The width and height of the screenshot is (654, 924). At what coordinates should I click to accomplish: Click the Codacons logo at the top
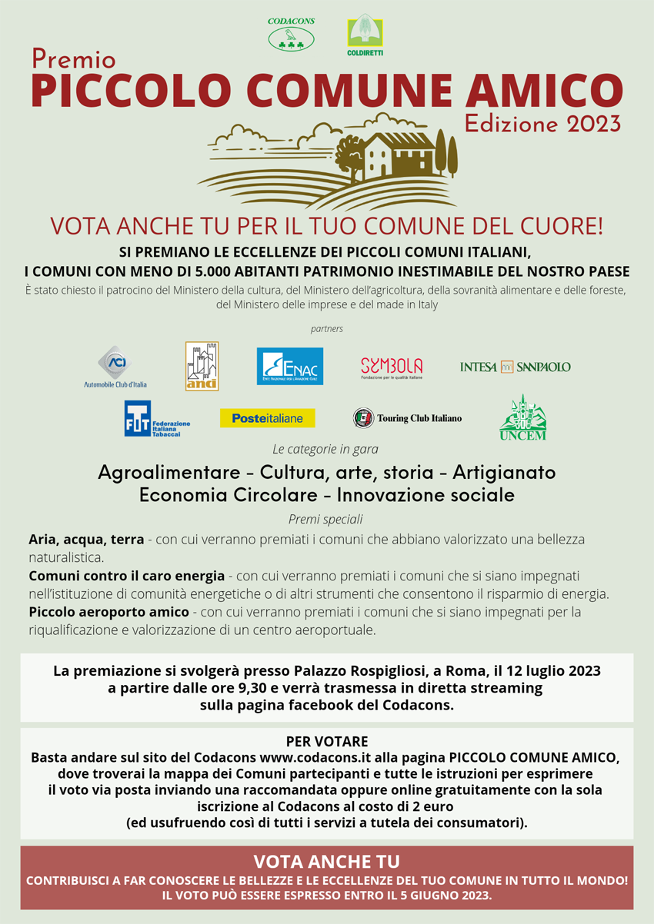(x=291, y=35)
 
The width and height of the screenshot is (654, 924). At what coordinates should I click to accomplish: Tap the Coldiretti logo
(x=365, y=35)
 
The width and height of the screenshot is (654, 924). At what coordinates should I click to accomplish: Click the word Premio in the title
(x=74, y=58)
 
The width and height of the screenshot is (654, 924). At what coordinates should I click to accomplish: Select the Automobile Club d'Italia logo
(x=115, y=367)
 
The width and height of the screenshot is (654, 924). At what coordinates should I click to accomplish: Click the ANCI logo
(x=202, y=366)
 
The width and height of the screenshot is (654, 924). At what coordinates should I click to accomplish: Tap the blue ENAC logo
(x=289, y=366)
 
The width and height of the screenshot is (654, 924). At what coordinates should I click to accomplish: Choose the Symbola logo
(x=391, y=367)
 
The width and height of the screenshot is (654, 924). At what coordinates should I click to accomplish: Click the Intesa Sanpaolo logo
(x=515, y=367)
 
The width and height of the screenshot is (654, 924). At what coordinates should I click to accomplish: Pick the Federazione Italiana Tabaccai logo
(x=157, y=418)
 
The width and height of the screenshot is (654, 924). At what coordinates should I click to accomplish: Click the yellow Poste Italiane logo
(x=267, y=418)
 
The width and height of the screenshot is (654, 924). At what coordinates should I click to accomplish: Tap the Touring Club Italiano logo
(x=407, y=418)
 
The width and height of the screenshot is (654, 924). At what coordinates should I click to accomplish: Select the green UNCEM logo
(x=522, y=418)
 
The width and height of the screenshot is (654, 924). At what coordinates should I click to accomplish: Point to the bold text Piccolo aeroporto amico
(x=108, y=612)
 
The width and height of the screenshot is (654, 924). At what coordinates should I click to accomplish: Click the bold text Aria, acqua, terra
(x=86, y=539)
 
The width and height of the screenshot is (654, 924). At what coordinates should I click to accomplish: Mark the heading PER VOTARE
(x=326, y=741)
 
